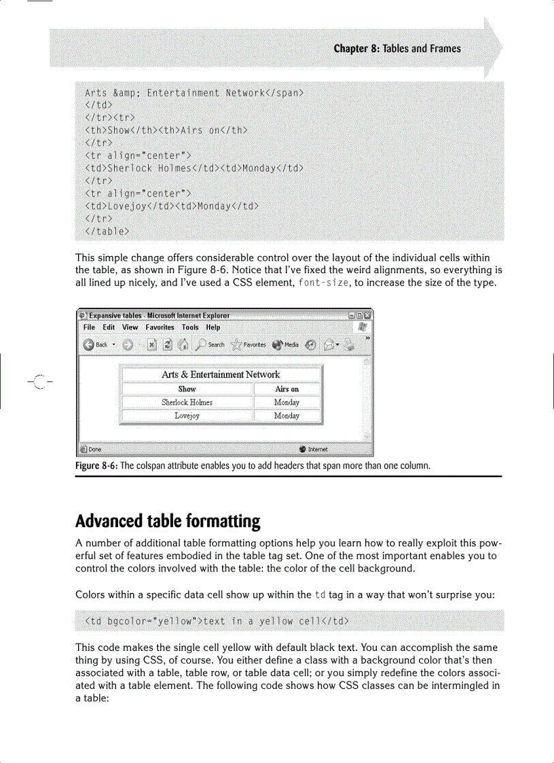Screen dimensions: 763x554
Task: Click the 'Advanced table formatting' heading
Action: tap(168, 522)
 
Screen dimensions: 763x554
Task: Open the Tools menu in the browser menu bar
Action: tap(190, 327)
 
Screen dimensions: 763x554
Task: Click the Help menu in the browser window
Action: tap(213, 327)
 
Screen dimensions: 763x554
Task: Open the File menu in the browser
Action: tap(89, 327)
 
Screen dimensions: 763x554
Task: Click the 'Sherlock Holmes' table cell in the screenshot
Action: tap(187, 402)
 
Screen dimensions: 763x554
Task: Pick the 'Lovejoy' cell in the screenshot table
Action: tap(187, 416)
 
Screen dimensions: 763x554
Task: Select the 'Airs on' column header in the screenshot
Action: tap(287, 389)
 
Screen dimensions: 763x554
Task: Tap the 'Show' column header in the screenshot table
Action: tap(187, 389)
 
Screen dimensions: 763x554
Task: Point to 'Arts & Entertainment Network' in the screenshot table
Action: tap(220, 374)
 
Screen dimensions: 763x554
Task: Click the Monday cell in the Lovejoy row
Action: tap(287, 416)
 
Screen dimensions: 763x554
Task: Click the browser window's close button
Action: tap(367, 315)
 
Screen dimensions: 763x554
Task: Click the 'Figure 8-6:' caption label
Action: tap(100, 466)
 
